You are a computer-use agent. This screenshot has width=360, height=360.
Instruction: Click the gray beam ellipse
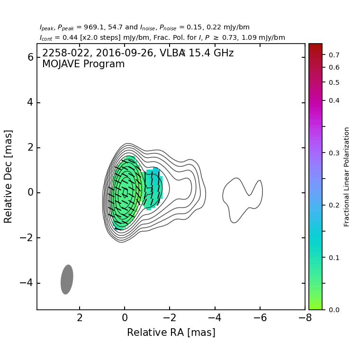pos(67,279)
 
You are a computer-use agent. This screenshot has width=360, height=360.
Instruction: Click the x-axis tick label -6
pos(260,318)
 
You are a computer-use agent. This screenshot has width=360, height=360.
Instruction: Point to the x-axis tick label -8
pos(305,318)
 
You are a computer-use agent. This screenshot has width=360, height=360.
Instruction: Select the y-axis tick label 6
pos(30,57)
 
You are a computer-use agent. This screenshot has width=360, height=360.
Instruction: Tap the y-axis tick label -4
pos(27,283)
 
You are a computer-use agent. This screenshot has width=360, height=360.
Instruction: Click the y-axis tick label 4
pos(30,102)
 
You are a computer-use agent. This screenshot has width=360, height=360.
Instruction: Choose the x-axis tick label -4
pos(215,318)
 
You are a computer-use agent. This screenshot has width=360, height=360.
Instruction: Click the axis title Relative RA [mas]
pos(171,333)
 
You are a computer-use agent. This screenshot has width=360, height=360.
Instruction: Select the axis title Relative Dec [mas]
pos(9,176)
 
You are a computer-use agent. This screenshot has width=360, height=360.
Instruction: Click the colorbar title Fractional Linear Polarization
pos(347,177)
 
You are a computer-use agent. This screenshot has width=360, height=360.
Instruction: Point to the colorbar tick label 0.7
pos(334,55)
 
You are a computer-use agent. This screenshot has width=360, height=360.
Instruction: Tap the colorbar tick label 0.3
pos(334,153)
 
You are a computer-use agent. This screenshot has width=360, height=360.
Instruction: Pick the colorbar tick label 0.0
pos(334,310)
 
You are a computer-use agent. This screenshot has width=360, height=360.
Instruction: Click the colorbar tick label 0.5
pos(334,82)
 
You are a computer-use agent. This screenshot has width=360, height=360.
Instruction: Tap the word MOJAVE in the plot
pos(62,64)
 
